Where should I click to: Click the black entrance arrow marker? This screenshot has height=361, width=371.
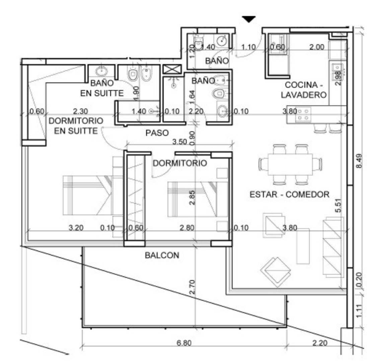249,19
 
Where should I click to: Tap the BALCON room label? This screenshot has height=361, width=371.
162,255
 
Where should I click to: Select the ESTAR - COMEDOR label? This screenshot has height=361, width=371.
289,195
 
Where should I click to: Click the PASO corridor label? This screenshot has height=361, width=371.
157,133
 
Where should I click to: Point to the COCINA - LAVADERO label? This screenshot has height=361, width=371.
304,90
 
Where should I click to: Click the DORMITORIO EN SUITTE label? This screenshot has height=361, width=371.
76,126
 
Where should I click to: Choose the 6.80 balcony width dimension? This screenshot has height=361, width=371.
184,343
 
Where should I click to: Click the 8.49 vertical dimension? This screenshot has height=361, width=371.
359,161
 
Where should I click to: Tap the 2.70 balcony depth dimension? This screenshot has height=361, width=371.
192,287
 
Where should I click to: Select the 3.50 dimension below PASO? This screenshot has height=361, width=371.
179,142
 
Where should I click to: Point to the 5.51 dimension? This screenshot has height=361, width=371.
339,206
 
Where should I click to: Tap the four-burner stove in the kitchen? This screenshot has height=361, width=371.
303,114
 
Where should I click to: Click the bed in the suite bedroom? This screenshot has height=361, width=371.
87,196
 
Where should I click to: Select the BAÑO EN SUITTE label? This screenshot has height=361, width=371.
102,88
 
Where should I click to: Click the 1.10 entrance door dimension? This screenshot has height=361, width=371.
248,47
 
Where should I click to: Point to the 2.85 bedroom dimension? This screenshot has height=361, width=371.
192,198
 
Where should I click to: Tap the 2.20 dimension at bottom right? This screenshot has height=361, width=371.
320,343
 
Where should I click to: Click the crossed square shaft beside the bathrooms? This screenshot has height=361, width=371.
172,69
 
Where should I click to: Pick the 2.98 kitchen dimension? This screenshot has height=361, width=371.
338,78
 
